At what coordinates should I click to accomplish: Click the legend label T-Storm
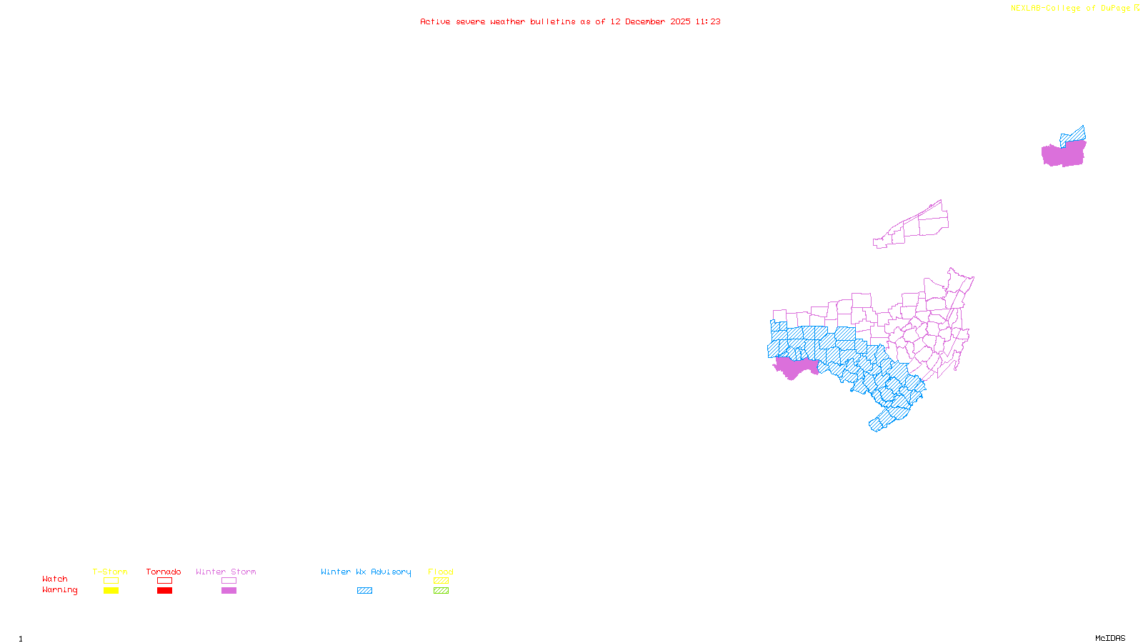click(x=110, y=572)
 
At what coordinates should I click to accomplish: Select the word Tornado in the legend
click(x=164, y=572)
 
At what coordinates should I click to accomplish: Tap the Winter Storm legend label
click(x=226, y=572)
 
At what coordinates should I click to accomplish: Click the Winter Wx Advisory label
click(x=366, y=572)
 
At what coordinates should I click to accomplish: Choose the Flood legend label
click(x=441, y=572)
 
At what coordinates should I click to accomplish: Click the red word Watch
click(x=55, y=579)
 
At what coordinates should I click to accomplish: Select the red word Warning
click(x=60, y=590)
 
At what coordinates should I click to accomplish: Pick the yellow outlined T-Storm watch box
click(x=111, y=581)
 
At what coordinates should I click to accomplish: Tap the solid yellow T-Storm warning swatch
click(x=111, y=591)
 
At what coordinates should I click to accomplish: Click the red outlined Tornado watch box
click(x=164, y=581)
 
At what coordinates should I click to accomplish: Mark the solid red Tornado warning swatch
click(x=164, y=591)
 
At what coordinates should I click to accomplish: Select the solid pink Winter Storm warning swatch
click(x=229, y=591)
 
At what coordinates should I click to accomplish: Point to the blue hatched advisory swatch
click(x=364, y=591)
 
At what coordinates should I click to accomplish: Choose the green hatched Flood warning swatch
click(x=441, y=591)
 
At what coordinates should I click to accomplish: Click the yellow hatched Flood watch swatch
click(x=441, y=581)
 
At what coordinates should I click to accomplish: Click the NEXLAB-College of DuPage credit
click(x=1071, y=9)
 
